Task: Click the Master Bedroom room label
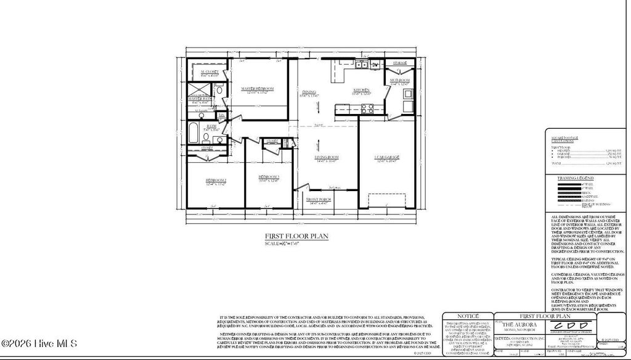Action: click(x=256, y=89)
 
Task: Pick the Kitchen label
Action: click(x=360, y=91)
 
